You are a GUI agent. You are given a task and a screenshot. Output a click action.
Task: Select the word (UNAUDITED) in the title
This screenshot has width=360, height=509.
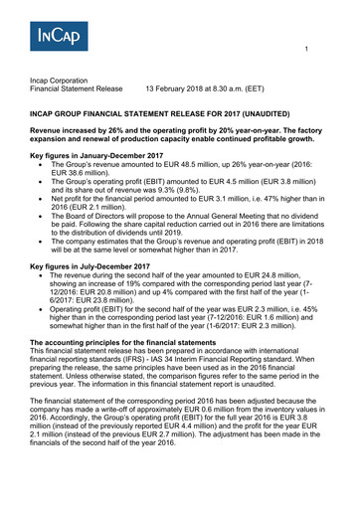point(301,116)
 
